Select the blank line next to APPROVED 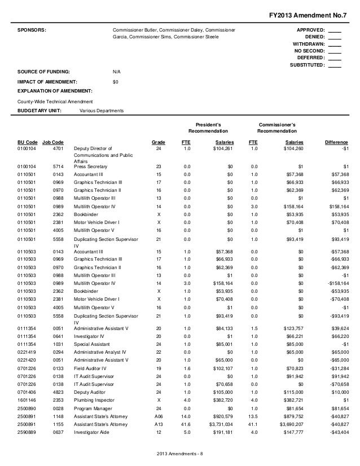334,30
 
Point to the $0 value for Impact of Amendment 116,82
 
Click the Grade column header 159,142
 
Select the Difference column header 336,142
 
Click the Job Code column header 53,142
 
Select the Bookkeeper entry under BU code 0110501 86,214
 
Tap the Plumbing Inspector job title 94,397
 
